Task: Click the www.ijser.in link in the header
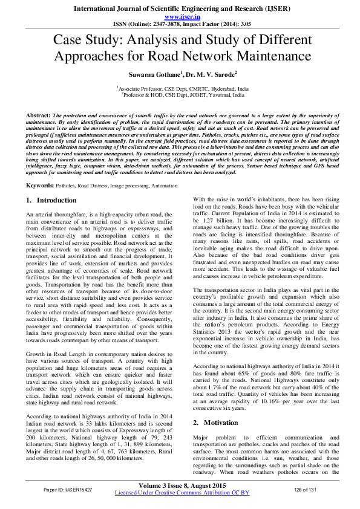click(x=180, y=18)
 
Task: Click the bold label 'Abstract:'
click(x=38, y=114)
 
